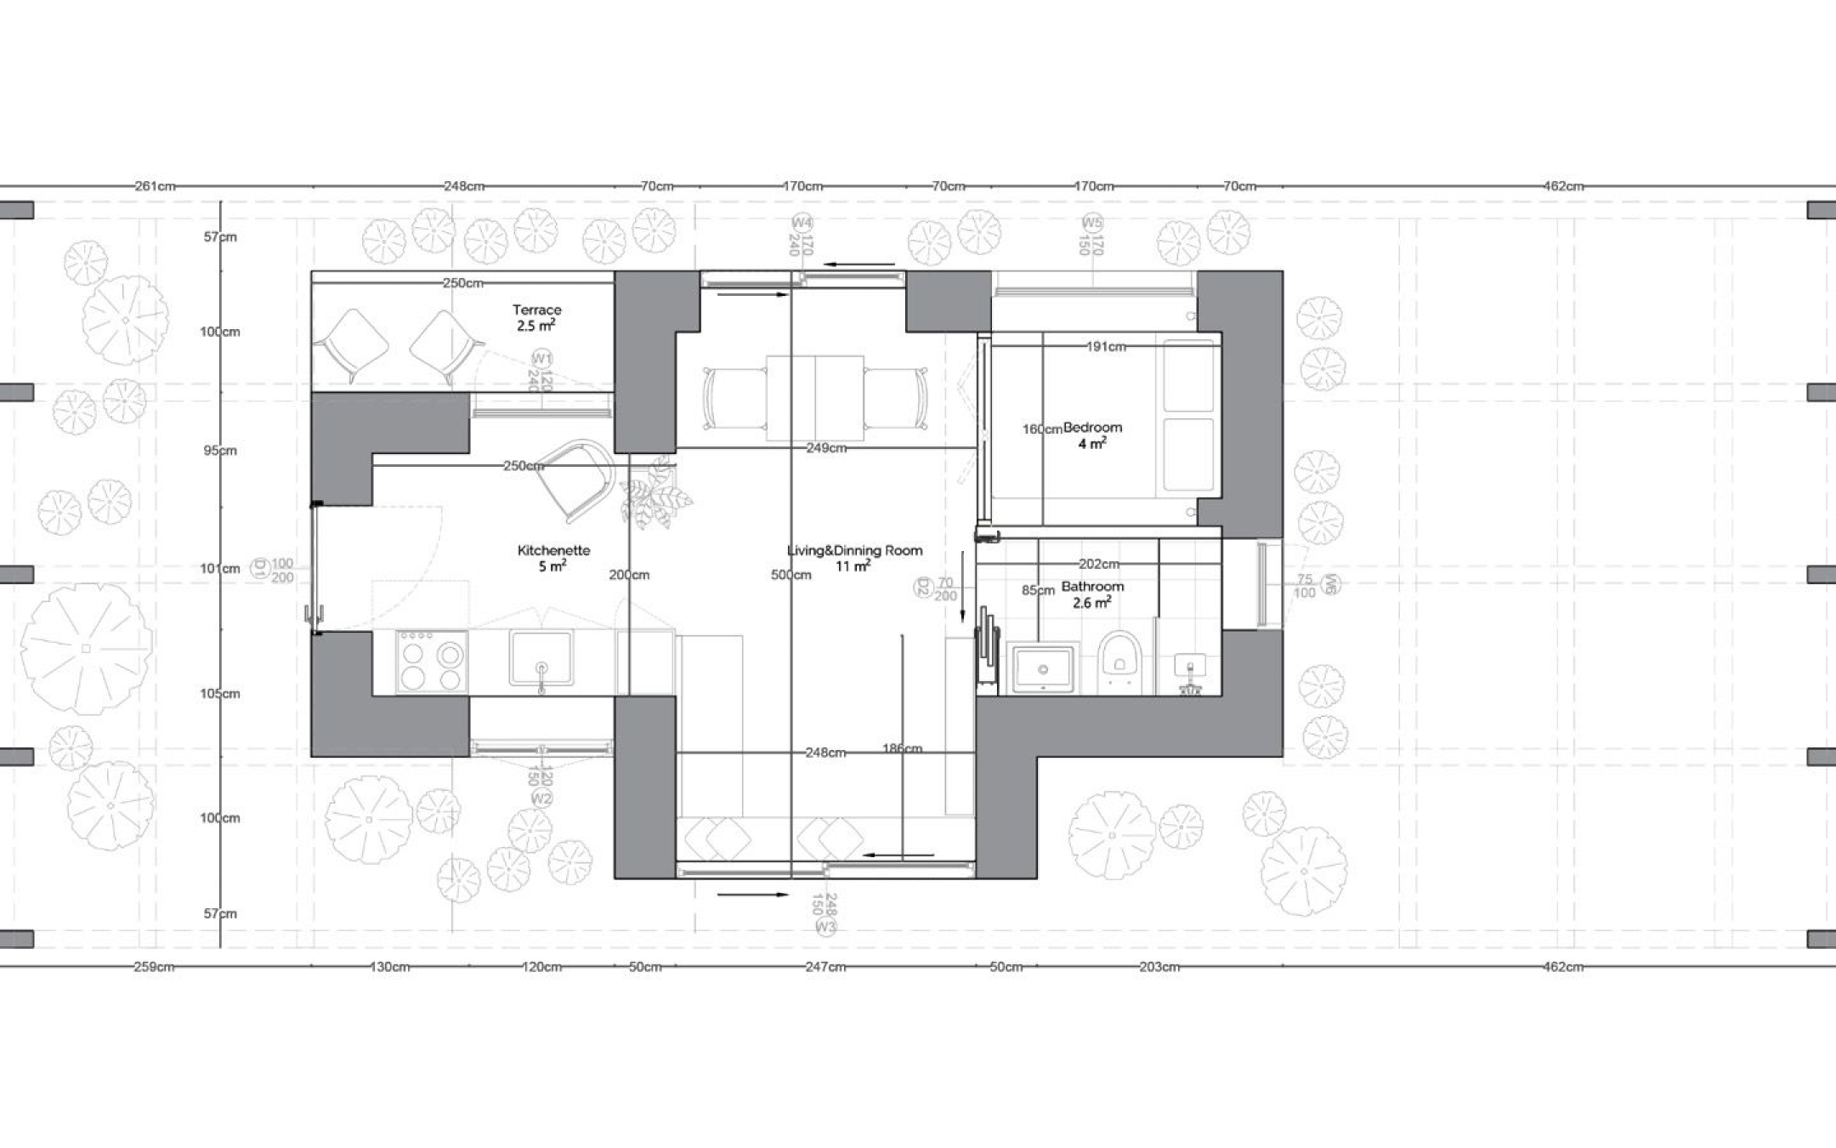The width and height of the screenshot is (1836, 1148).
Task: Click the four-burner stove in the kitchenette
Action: [432, 662]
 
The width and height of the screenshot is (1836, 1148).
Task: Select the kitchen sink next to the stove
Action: [541, 658]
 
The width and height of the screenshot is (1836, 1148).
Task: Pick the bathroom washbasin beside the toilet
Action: [1043, 668]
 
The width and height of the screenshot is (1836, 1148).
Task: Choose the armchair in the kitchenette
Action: [577, 478]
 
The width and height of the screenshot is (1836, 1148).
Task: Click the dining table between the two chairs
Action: [814, 398]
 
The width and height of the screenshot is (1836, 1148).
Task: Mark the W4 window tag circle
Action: [801, 223]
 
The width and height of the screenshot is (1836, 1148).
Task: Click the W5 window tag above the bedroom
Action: [1091, 223]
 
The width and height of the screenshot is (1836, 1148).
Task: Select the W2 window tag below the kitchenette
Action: [541, 798]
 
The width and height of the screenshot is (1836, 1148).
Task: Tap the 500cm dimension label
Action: [790, 576]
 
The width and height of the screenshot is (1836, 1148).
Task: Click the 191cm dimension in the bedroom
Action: [1106, 347]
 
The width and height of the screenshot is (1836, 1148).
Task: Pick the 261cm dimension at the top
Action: [156, 186]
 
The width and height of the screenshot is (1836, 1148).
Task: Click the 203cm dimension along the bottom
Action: [1159, 967]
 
